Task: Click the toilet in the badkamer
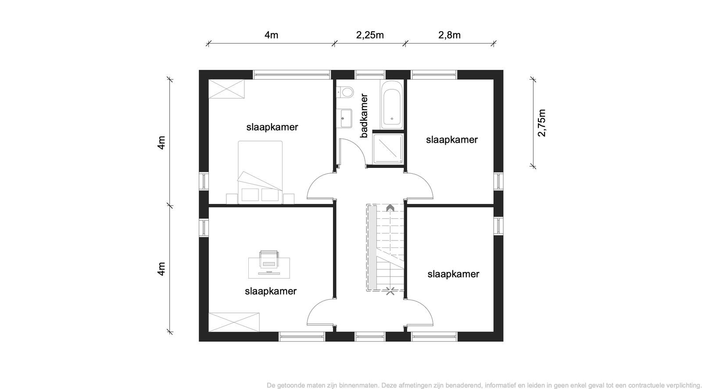click(345, 93)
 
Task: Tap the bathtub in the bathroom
click(392, 105)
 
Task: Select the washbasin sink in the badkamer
click(344, 118)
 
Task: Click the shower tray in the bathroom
click(388, 149)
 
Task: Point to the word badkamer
click(364, 116)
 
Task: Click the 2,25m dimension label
click(370, 35)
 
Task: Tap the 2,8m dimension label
click(449, 35)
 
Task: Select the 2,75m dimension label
click(541, 123)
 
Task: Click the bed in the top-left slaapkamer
click(260, 172)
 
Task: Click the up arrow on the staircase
click(390, 207)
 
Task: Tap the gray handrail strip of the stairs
click(372, 248)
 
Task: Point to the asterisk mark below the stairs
click(390, 291)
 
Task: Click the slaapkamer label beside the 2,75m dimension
click(451, 140)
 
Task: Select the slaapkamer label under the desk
click(270, 291)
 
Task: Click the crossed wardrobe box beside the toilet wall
click(226, 89)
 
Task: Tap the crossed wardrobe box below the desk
click(234, 322)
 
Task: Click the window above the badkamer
click(370, 75)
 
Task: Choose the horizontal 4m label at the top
click(271, 35)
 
